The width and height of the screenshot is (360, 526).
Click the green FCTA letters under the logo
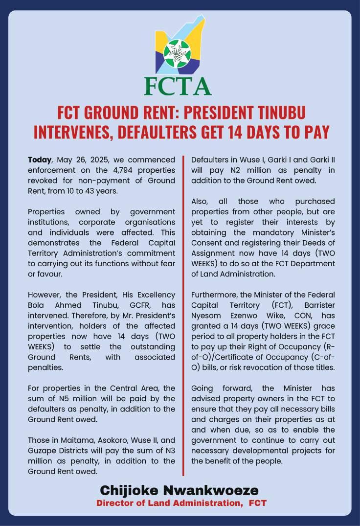point(178,86)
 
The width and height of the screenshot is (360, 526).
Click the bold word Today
point(40,160)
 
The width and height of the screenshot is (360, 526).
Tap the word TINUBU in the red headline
point(278,113)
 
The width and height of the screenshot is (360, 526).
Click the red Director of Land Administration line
point(181,503)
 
